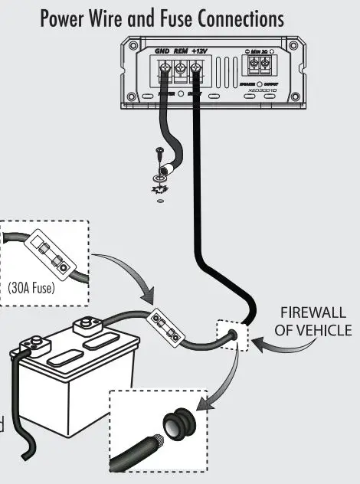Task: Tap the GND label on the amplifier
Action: coord(162,52)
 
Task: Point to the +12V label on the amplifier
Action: coord(198,52)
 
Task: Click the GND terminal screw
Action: coord(163,74)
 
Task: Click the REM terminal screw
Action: coord(180,74)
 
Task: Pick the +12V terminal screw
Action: coord(197,74)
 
